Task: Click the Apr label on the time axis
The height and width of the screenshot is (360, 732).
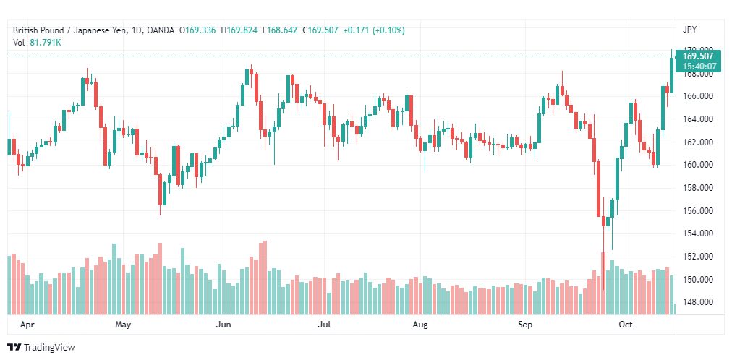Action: point(27,325)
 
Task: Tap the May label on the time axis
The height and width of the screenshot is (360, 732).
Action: point(123,325)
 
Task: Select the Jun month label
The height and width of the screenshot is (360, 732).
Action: point(224,325)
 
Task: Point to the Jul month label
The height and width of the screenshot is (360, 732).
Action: point(324,325)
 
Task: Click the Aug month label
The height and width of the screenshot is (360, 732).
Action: point(420,325)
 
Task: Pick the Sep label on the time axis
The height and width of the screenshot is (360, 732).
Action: point(525,325)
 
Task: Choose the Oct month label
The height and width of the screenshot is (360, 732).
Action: point(626,325)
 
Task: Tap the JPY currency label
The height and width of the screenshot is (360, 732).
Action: point(689,30)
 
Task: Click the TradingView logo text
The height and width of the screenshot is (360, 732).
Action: point(49,348)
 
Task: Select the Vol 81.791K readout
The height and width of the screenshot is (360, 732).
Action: point(37,42)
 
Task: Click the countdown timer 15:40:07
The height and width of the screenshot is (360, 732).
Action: point(699,67)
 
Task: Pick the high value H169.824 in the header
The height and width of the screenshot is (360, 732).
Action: point(241,30)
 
